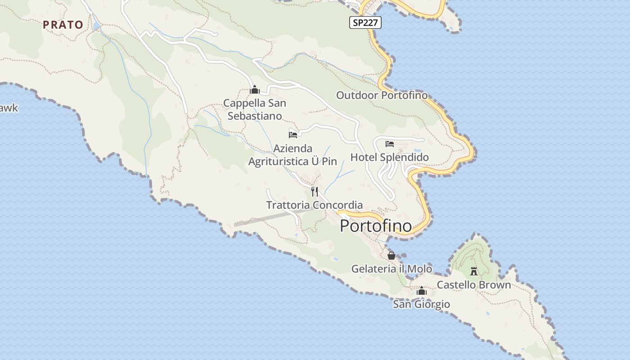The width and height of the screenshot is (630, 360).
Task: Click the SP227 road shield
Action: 365,22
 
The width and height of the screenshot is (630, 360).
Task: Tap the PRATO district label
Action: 63,25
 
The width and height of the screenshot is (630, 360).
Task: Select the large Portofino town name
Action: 376,225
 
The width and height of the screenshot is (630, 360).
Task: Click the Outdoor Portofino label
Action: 382,95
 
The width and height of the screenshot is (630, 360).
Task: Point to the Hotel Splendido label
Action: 389,157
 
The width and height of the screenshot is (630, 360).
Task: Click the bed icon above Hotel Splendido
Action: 390,144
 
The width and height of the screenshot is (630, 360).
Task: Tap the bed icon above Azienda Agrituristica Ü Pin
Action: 293,135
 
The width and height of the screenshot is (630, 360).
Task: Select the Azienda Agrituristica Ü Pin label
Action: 292,155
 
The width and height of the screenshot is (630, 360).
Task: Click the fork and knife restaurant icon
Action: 315,192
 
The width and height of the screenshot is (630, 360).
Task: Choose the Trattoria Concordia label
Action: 314,205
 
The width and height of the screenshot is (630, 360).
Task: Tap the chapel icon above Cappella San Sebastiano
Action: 255,90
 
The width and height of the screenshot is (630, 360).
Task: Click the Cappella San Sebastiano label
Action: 255,109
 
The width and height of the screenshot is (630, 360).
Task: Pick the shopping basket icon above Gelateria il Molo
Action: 391,256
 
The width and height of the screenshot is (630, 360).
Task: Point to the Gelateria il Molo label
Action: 391,269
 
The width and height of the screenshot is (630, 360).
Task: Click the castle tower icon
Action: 473,271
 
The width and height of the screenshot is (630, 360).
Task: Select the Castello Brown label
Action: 474,285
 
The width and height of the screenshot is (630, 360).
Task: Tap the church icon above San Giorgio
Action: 421,291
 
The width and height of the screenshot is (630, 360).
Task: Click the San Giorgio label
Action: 421,304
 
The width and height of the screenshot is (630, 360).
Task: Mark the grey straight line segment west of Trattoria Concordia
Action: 270,217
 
